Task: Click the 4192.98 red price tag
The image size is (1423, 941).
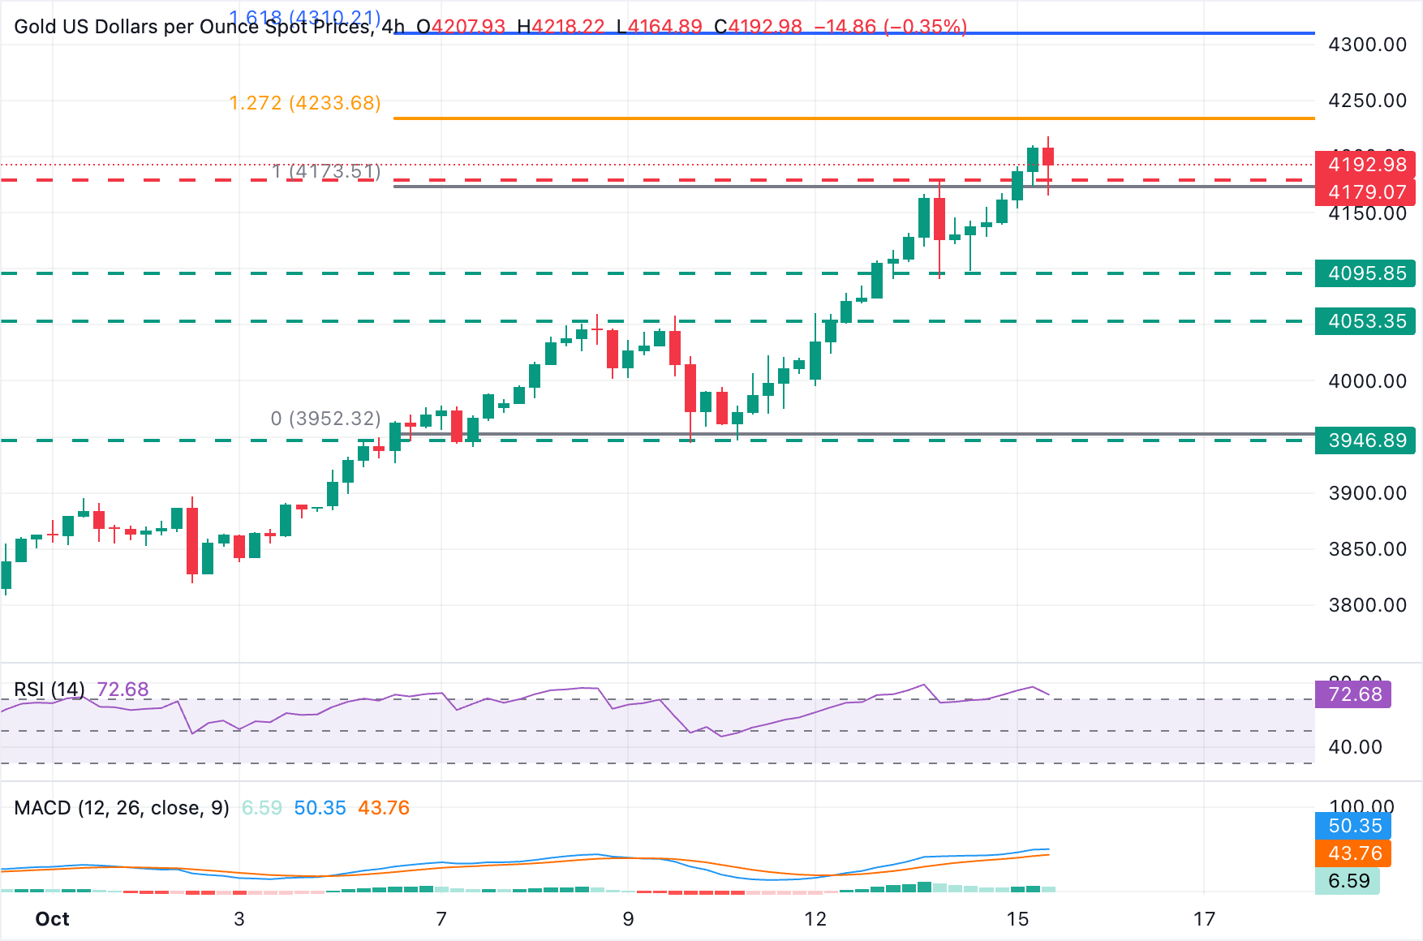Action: pos(1366,165)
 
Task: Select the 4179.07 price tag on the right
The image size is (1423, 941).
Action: pos(1366,192)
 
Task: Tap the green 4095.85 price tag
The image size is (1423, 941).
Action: pos(1366,273)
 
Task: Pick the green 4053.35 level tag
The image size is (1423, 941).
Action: pos(1366,321)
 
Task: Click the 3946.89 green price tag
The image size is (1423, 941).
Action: pos(1366,440)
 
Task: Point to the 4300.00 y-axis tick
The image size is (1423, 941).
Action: pos(1367,45)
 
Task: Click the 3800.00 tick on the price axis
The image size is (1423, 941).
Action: pos(1367,605)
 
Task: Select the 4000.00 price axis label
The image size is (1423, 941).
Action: pos(1367,381)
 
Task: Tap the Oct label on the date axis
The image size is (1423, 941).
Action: pos(52,919)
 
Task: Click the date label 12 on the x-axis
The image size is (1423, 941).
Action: pos(815,919)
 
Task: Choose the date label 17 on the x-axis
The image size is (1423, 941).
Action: pos(1204,919)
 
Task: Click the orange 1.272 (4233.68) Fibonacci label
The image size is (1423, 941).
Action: pos(305,103)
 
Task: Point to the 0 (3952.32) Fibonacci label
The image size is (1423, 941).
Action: pos(325,419)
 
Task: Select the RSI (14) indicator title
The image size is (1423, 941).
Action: pos(49,690)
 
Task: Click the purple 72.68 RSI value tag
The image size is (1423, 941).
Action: pos(1354,694)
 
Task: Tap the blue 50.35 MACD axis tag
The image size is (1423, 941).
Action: pos(1354,826)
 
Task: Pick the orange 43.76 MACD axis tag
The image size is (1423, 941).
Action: pos(1354,853)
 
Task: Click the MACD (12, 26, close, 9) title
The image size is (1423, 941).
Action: pos(122,808)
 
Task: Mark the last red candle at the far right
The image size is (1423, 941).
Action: pos(1048,157)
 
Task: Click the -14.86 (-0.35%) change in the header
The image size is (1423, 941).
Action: pos(890,27)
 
